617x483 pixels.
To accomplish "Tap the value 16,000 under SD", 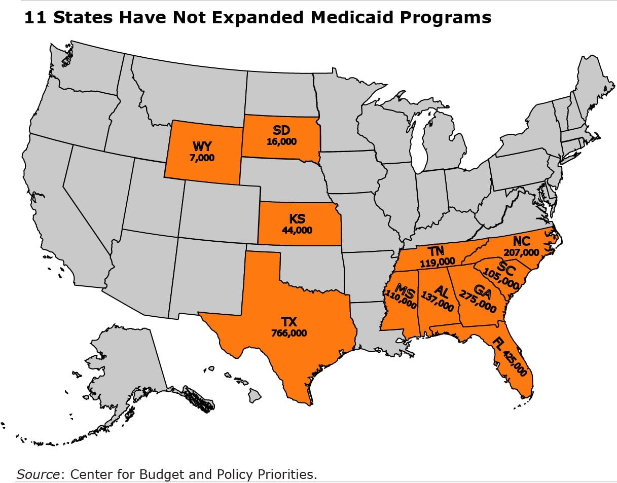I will click(x=281, y=142).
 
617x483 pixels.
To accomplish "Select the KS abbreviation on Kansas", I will click(x=297, y=219).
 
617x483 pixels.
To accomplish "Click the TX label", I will click(x=289, y=322).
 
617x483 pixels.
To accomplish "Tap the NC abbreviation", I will click(x=521, y=241).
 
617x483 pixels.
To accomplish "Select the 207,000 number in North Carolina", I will click(x=521, y=251).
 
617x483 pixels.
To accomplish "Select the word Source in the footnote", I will click(x=38, y=474).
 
